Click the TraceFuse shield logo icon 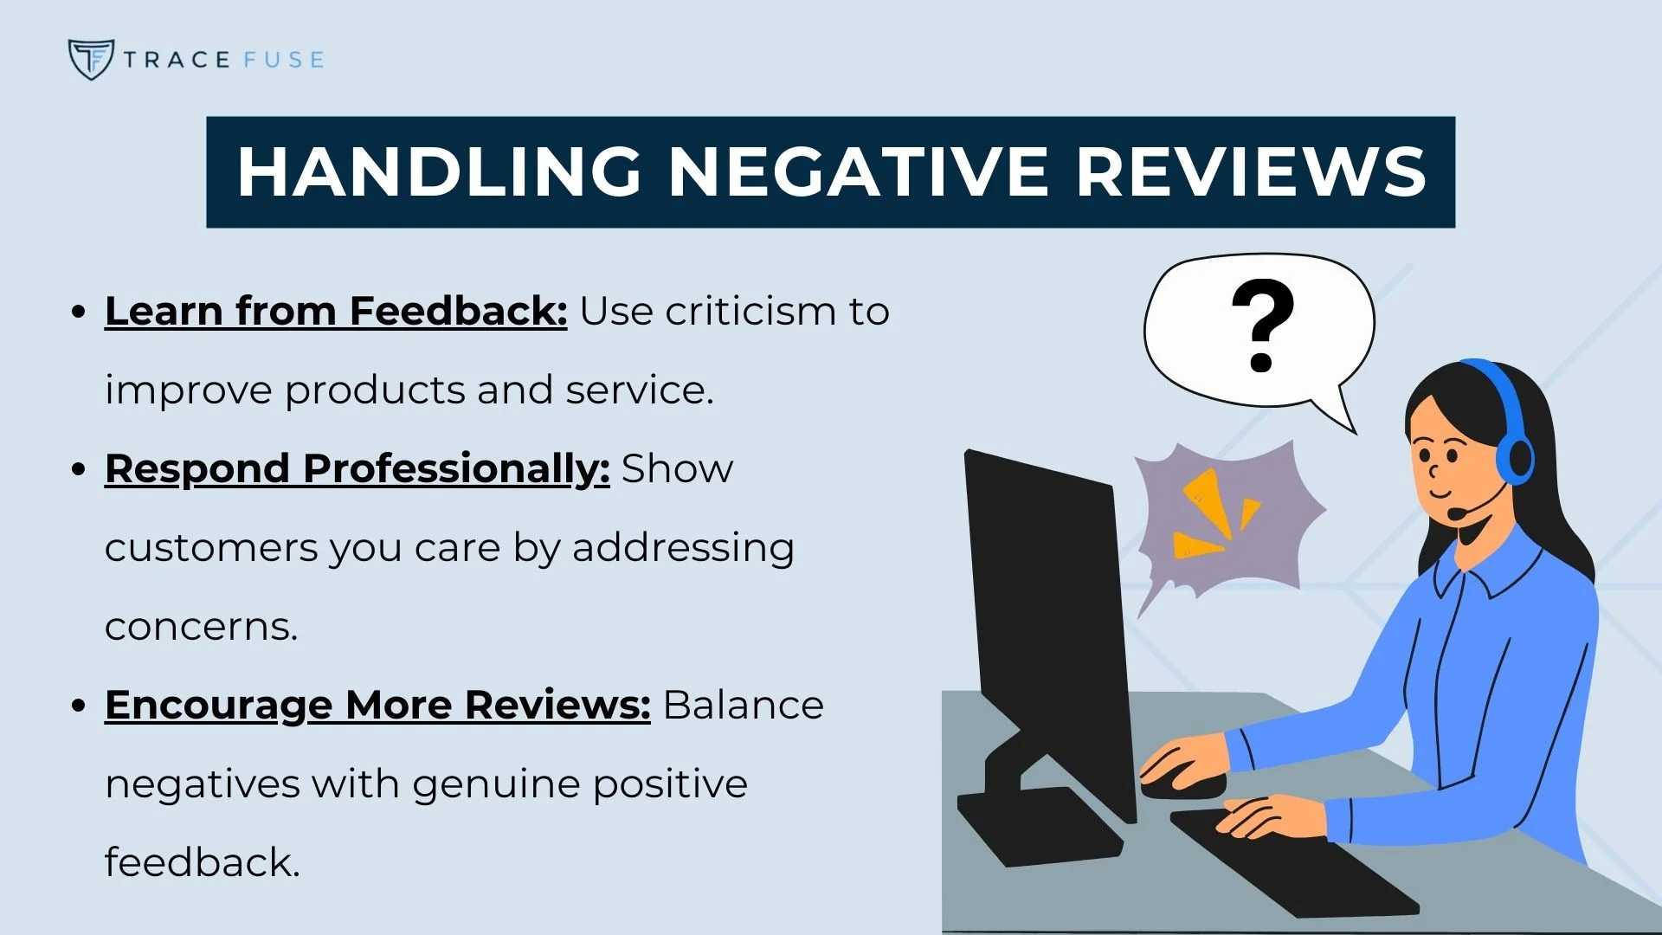(90, 59)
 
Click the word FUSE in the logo (283, 60)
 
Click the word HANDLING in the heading (439, 171)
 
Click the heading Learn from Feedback (335, 311)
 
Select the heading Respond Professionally (357, 468)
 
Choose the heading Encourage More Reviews (377, 705)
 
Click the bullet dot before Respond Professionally (79, 469)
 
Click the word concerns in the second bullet (201, 627)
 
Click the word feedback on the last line (202, 862)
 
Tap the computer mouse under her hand (1184, 785)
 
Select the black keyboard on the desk (1294, 861)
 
